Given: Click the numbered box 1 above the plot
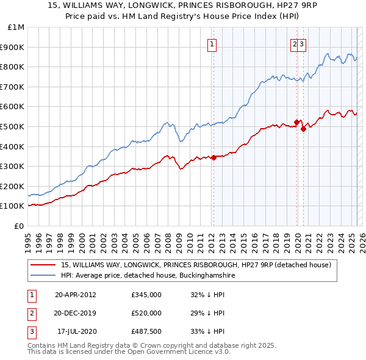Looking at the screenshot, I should pos(212,44).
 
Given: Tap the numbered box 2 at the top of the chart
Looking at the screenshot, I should pos(295,44).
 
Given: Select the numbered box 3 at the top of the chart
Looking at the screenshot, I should pos(302,44).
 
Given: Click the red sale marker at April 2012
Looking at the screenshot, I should pos(213,157).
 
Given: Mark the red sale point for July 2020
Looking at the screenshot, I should pos(303,129).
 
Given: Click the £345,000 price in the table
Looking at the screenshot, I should pos(146,295).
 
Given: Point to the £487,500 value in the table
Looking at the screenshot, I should pos(146,331).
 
